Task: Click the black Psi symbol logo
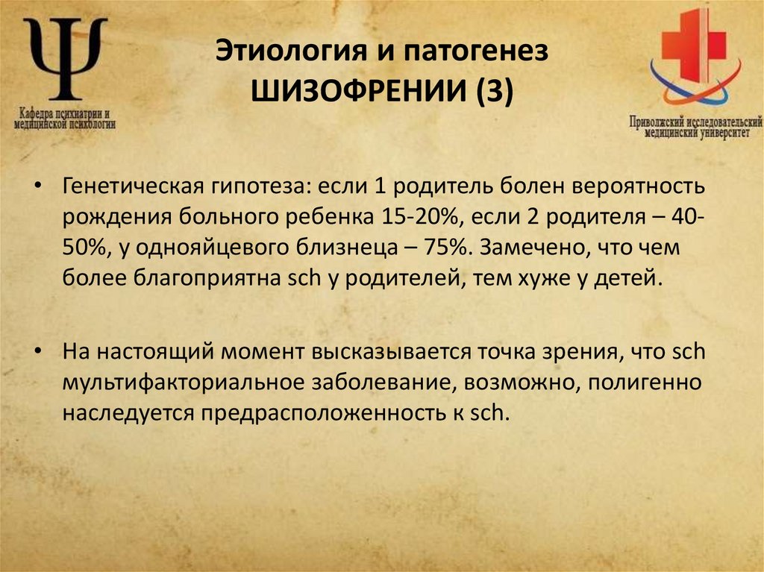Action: [x=66, y=60]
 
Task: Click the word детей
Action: [x=631, y=279]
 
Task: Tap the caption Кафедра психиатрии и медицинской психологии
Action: [x=65, y=119]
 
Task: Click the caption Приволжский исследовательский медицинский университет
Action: [x=695, y=127]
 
